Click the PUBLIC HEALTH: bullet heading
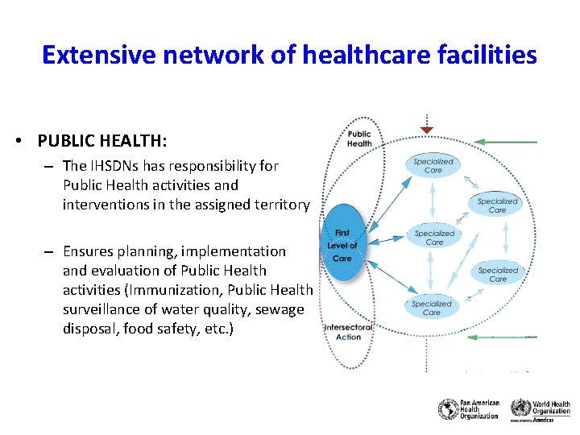pyautogui.click(x=102, y=141)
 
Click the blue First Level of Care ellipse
pyautogui.click(x=342, y=245)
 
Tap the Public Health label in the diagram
pyautogui.click(x=359, y=139)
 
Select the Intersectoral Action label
pyautogui.click(x=348, y=332)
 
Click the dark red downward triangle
pyautogui.click(x=427, y=130)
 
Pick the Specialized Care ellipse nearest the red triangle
pyautogui.click(x=433, y=165)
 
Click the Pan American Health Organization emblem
pyautogui.click(x=448, y=409)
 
